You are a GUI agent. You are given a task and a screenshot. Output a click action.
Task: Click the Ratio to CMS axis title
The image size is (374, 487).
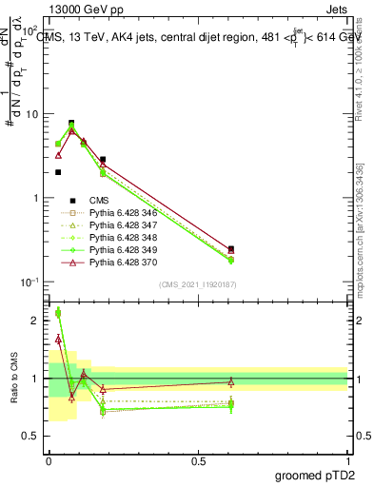coord(13,378)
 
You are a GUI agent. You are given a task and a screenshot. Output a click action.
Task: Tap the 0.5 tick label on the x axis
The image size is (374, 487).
coord(198,460)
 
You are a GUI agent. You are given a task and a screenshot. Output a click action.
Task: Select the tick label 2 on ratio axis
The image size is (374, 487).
coord(36,321)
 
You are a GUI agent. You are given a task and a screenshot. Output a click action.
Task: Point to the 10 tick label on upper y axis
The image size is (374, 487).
coord(30,114)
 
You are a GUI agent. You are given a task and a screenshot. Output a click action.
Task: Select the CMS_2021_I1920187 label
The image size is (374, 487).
coord(198,284)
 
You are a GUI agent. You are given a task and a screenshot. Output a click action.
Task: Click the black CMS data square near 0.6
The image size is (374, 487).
coord(231,249)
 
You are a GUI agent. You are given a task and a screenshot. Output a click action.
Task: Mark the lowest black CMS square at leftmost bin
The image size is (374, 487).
coord(58,172)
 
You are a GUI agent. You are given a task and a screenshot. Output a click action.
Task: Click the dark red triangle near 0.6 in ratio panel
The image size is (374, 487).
coord(231,382)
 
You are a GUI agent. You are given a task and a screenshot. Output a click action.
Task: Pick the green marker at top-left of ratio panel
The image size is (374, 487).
coord(58,313)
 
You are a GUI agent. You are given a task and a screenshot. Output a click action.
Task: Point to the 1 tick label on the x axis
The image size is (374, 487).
coord(348,460)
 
